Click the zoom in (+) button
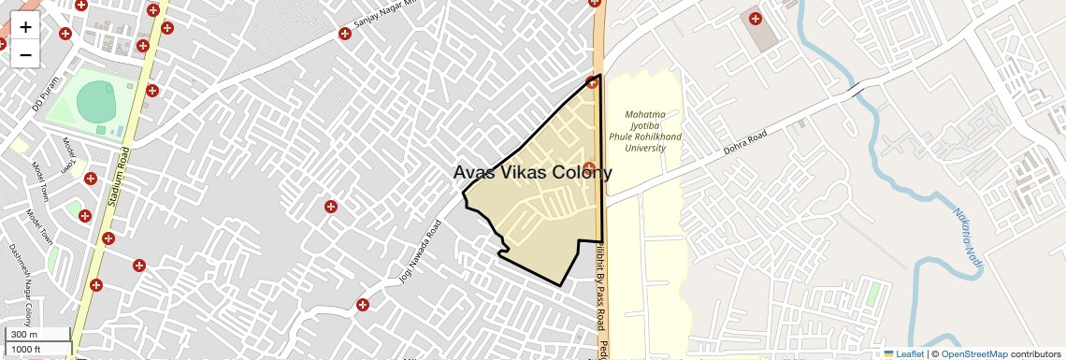[x=25, y=27]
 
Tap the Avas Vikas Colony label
[x=532, y=173]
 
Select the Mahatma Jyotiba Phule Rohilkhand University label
[x=645, y=131]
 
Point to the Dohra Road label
[x=745, y=146]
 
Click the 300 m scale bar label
[x=24, y=335]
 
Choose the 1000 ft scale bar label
[x=26, y=349]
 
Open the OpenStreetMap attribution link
[x=973, y=353]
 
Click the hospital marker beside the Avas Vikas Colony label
[x=589, y=167]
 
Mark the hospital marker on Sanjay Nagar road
[x=345, y=35]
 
